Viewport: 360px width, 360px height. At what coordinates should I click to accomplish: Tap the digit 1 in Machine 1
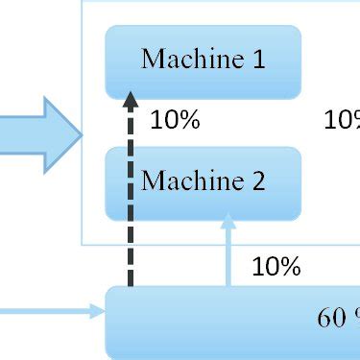click(257, 60)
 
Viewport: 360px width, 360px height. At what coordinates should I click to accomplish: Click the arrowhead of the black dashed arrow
click(132, 96)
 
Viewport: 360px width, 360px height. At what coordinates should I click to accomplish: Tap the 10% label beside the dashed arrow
click(175, 121)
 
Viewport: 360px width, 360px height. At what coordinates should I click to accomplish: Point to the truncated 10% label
click(342, 121)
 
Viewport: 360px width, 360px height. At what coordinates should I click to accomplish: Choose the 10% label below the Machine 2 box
click(276, 266)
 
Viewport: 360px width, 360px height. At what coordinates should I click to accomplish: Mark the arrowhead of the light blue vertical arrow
click(228, 220)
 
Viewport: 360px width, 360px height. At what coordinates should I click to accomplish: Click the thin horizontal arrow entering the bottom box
click(48, 310)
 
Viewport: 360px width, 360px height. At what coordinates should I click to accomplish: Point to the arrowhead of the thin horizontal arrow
click(99, 310)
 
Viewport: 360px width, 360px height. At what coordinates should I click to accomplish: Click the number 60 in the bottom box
click(328, 318)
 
